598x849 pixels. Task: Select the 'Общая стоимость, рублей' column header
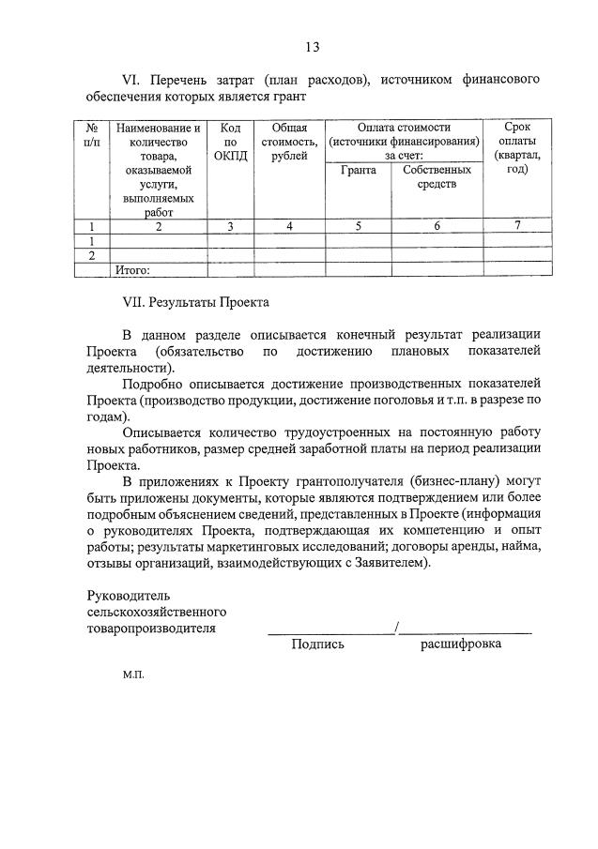289,142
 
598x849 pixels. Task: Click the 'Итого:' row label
132,270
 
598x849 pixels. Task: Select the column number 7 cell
516,225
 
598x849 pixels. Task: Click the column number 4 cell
289,225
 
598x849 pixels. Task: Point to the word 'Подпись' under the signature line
317,644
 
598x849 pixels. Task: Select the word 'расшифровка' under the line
460,644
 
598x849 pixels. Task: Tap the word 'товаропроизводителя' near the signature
150,629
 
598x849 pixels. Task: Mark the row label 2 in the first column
92,255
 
